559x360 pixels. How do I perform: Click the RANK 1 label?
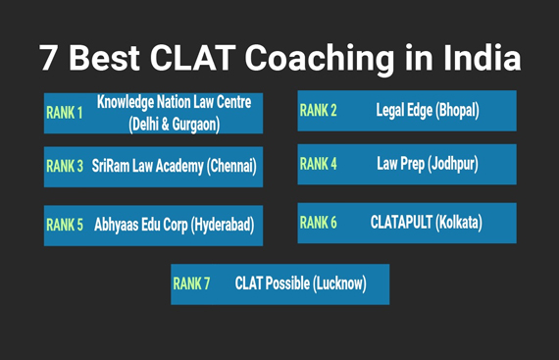coord(65,114)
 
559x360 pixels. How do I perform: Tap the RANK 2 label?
coord(318,111)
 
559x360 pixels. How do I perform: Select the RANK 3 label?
coord(65,167)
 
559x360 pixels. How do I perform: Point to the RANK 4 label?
coord(318,164)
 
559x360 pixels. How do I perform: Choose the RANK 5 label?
coord(65,225)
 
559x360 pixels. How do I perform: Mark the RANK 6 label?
coord(318,223)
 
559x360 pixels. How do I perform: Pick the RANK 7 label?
coord(191,283)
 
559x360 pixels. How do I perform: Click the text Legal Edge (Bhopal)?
coord(428,111)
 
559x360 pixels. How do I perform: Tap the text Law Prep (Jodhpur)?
coord(428,164)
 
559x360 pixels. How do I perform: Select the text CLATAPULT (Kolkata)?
coord(427,223)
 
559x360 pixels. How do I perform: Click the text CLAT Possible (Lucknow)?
coord(300,283)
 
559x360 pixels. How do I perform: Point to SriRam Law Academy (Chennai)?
coord(176,167)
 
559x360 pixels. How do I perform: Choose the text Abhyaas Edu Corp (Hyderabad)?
coord(174,225)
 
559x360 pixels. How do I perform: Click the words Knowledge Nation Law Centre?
coord(174,103)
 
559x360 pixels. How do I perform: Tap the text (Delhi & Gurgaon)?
coord(174,124)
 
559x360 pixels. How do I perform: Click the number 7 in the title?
coord(49,58)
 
